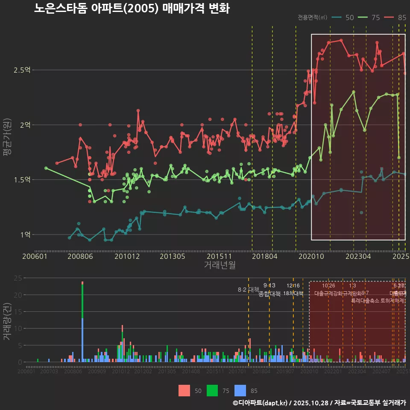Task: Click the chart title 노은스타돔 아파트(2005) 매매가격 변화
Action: (132, 9)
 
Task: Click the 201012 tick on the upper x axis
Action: (127, 257)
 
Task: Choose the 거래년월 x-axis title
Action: (220, 265)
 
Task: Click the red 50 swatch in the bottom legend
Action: (184, 390)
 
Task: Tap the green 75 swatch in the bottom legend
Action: (212, 390)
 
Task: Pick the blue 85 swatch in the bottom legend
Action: (240, 390)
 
